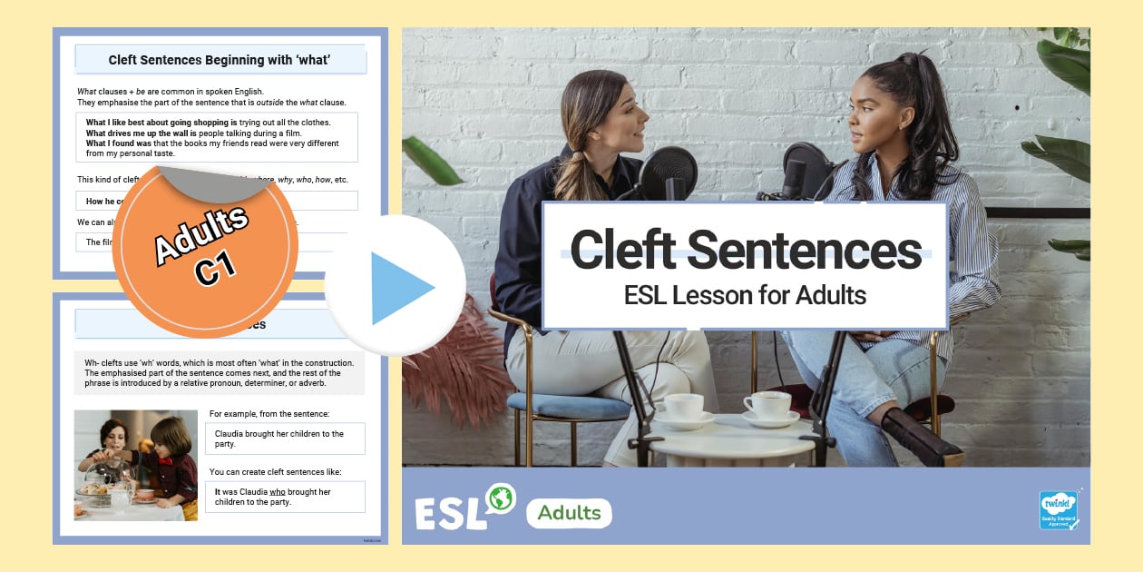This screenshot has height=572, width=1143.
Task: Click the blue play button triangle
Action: pos(399,288)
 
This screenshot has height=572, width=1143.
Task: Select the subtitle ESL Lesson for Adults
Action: pos(745,295)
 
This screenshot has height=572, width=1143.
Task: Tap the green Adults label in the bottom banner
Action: pos(569,513)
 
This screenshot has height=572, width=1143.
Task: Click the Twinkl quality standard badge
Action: pos(1059,510)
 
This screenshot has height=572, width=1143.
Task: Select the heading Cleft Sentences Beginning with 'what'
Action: pos(220,61)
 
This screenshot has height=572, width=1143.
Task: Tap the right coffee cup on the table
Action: pos(767,404)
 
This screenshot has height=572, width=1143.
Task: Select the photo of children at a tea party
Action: pos(135,465)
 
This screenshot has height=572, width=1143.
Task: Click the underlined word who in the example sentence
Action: pos(278,492)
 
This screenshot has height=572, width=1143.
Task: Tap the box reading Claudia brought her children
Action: pos(285,439)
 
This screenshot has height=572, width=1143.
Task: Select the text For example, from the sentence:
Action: pos(269,414)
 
